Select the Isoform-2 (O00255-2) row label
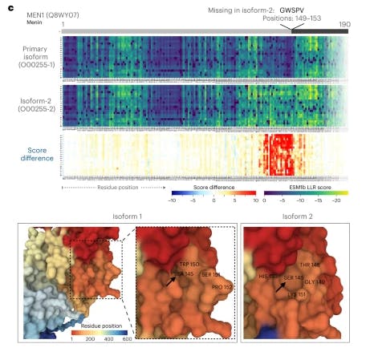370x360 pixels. (x=29, y=103)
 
